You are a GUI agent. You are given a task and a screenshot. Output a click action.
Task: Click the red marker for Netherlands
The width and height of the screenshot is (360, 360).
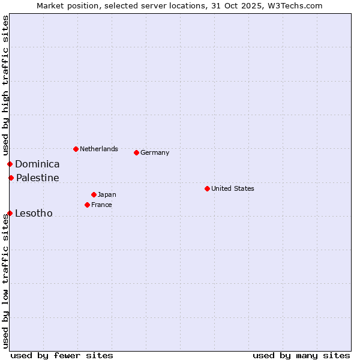point(76,149)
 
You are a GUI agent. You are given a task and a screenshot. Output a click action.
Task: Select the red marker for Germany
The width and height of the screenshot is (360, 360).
point(136,152)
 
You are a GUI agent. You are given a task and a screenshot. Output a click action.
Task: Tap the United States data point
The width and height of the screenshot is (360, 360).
point(207,188)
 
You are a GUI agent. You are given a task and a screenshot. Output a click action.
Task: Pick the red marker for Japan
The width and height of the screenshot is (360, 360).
point(94,194)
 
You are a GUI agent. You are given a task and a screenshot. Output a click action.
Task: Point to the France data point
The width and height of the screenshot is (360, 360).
point(87,205)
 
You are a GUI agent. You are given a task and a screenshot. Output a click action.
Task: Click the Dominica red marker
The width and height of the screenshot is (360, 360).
point(10,164)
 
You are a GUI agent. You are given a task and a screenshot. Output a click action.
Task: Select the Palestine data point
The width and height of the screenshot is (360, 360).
point(11,178)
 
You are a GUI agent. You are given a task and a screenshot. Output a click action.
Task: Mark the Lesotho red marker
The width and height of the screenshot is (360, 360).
point(10,213)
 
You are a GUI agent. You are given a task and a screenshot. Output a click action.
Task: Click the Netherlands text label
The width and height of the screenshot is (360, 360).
point(99,149)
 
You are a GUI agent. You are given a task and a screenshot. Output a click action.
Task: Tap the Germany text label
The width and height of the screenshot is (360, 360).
point(155,152)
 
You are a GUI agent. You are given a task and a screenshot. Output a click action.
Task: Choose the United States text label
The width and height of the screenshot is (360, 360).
point(233,188)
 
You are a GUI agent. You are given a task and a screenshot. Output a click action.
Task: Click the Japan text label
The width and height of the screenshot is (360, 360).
point(107,194)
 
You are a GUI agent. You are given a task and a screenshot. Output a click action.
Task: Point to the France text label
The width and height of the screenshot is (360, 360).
point(101,205)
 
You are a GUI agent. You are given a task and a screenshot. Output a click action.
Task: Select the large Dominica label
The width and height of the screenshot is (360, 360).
point(37,164)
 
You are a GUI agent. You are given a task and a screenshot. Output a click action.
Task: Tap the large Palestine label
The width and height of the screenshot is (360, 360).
point(38,178)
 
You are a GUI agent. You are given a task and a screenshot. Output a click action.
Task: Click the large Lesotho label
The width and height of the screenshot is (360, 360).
point(34,213)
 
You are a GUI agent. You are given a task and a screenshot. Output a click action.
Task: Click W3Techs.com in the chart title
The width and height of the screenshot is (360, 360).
point(295,5)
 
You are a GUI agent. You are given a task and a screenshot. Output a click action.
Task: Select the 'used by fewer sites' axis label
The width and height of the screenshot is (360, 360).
point(62,355)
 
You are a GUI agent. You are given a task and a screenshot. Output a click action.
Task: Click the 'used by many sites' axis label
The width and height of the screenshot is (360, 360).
point(301,355)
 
